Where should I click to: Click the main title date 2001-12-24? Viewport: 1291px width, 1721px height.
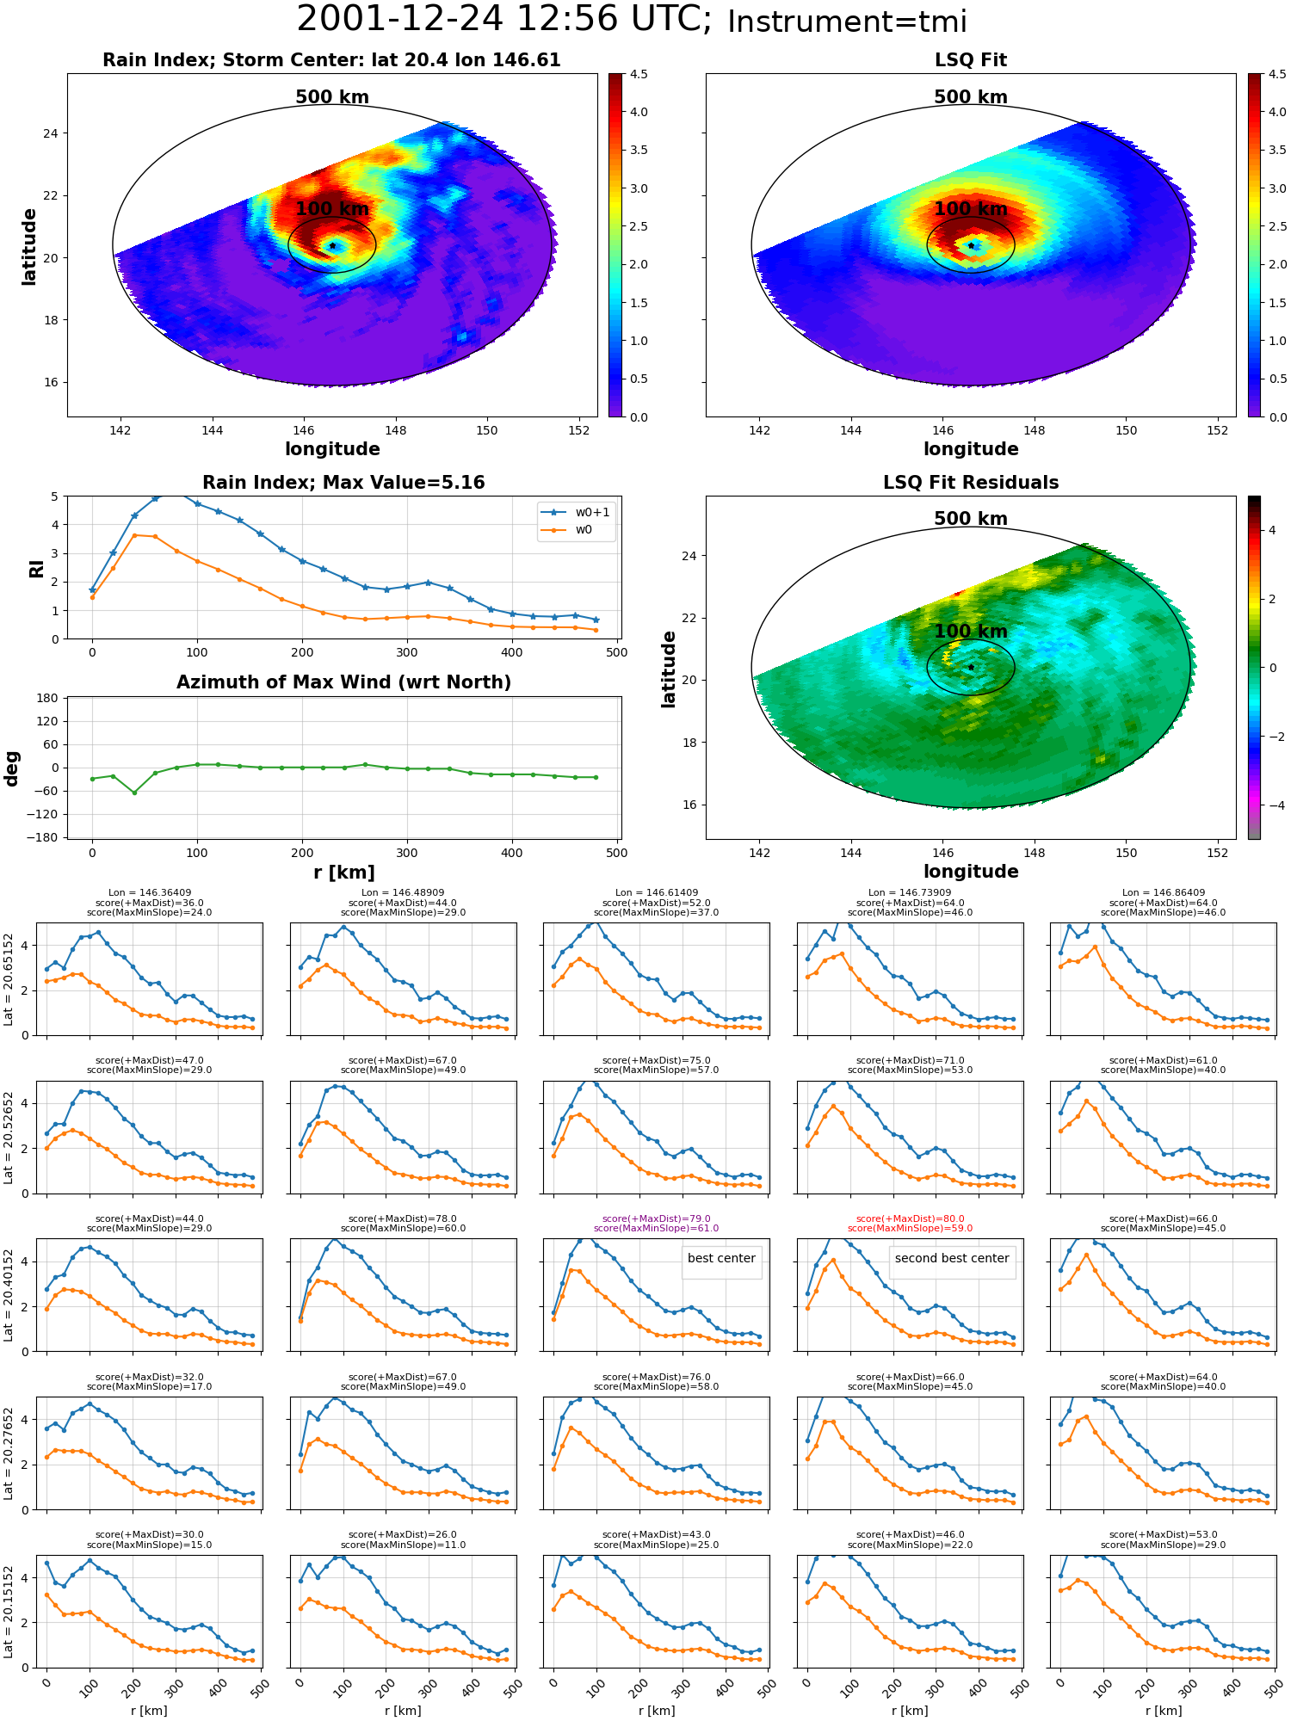click(x=400, y=19)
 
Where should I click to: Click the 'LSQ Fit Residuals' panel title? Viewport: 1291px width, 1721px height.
click(x=971, y=483)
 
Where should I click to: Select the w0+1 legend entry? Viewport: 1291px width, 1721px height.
click(x=576, y=512)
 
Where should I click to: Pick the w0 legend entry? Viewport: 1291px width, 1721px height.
click(x=567, y=530)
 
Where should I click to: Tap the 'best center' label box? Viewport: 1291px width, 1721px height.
click(x=721, y=1258)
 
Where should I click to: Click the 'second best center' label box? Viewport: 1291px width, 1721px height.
click(x=952, y=1258)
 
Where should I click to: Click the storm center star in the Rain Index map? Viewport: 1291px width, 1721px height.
click(x=332, y=246)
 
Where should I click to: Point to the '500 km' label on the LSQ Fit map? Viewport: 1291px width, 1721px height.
click(x=971, y=97)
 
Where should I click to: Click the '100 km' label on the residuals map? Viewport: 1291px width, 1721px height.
click(x=971, y=632)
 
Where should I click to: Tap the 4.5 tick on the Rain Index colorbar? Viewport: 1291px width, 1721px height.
click(x=639, y=74)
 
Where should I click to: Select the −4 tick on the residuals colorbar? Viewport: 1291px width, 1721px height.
click(x=1276, y=805)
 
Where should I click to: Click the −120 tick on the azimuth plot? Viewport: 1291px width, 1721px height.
click(x=44, y=814)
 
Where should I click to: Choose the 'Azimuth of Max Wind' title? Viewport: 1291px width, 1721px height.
click(x=343, y=682)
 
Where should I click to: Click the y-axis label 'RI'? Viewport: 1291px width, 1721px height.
click(x=36, y=569)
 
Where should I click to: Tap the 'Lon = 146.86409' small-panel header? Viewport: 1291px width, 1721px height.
click(x=1164, y=893)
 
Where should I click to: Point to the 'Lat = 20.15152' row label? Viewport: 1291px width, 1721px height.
click(x=9, y=1612)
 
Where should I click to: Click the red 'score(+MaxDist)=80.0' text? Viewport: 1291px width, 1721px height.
click(x=910, y=1218)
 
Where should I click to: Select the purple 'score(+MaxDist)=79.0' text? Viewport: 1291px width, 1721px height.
click(x=657, y=1218)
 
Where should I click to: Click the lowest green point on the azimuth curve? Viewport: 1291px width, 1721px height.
click(x=134, y=793)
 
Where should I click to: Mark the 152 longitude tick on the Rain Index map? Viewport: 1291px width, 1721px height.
click(x=578, y=430)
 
